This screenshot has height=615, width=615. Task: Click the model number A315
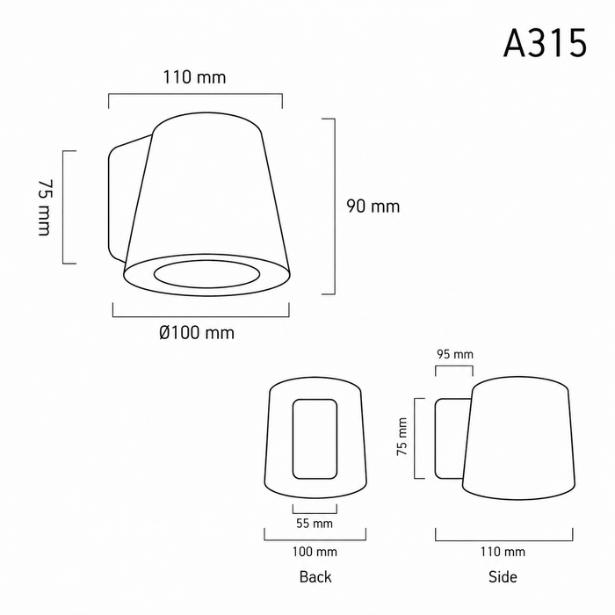tap(545, 43)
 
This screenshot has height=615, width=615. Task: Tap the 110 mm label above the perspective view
tap(194, 77)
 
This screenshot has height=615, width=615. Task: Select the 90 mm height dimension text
tap(373, 206)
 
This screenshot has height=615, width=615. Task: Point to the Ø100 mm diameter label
tap(197, 333)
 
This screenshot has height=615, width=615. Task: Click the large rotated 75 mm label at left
tap(44, 207)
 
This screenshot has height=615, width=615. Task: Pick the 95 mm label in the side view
tap(455, 354)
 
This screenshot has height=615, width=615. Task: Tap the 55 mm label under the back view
tap(315, 524)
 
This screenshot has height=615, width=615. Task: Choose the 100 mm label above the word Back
tap(315, 552)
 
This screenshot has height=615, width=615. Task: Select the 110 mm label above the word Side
tap(503, 552)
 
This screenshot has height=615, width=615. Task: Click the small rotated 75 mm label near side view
tap(402, 436)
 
